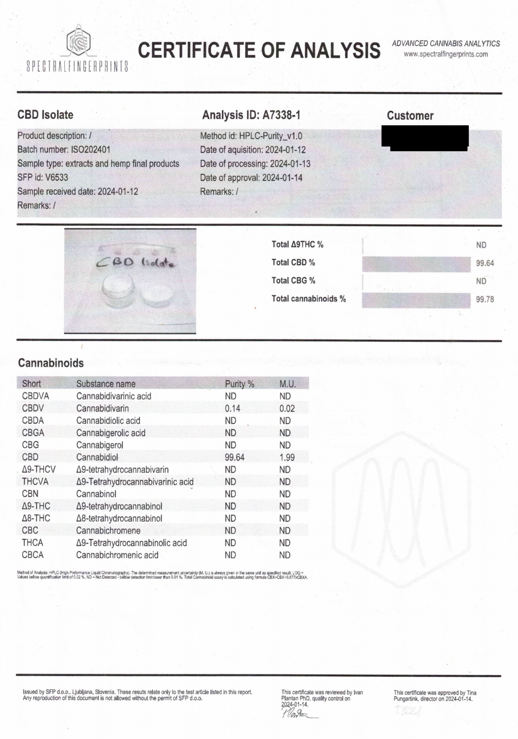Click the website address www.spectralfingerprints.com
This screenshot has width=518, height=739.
446,54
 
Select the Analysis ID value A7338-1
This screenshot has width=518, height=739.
281,115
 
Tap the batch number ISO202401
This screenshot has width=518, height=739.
90,150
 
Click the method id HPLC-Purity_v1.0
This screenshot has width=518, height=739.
270,136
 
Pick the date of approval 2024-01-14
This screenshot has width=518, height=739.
282,178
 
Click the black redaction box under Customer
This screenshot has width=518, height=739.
425,138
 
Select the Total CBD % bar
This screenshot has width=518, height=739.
416,264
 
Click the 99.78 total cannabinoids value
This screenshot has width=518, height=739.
485,299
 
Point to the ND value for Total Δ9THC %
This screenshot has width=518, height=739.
481,245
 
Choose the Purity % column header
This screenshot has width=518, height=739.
239,384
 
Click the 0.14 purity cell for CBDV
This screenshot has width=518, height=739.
233,409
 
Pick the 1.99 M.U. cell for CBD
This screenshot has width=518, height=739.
287,457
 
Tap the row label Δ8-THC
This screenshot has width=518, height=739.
36,518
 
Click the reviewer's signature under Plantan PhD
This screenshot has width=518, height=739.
297,713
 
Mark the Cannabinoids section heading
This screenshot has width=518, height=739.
51,363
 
